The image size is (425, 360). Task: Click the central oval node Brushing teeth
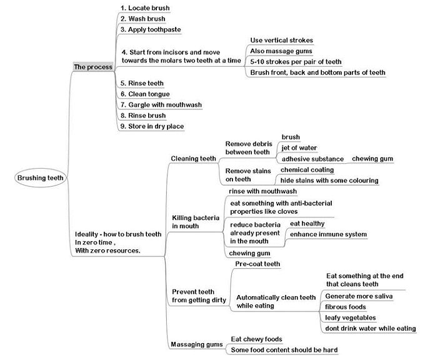tap(41, 178)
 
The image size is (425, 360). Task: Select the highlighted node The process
tap(93, 67)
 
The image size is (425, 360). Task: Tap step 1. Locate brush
tap(145, 8)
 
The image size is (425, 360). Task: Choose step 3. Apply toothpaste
tap(151, 29)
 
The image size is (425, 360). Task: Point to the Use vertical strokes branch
tap(282, 41)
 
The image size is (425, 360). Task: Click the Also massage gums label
tap(281, 51)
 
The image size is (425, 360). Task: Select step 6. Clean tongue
tap(145, 94)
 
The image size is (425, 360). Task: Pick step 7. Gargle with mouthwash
tap(161, 105)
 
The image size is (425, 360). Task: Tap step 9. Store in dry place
tap(152, 126)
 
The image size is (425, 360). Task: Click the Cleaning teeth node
tap(193, 159)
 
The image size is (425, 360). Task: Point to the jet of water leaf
tap(299, 148)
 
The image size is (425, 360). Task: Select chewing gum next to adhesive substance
tap(372, 159)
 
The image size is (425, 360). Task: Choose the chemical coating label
tap(307, 170)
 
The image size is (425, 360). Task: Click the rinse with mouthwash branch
tap(262, 191)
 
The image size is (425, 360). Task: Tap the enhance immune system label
tap(328, 234)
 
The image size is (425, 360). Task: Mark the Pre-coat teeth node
tap(257, 264)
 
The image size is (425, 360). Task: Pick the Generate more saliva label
tap(359, 296)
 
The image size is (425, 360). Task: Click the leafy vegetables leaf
tap(351, 317)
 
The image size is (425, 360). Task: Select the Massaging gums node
tap(197, 344)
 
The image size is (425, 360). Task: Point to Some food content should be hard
tap(284, 350)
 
